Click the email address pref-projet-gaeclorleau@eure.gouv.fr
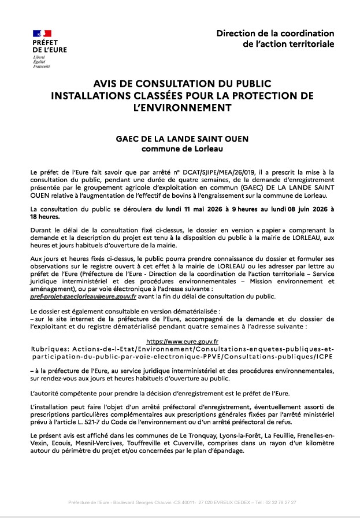pyautogui.click(x=83, y=297)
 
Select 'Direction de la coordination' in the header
pyautogui.click(x=275, y=34)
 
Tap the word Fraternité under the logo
pyautogui.click(x=42, y=66)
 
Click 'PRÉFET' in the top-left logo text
pyautogui.click(x=44, y=43)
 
